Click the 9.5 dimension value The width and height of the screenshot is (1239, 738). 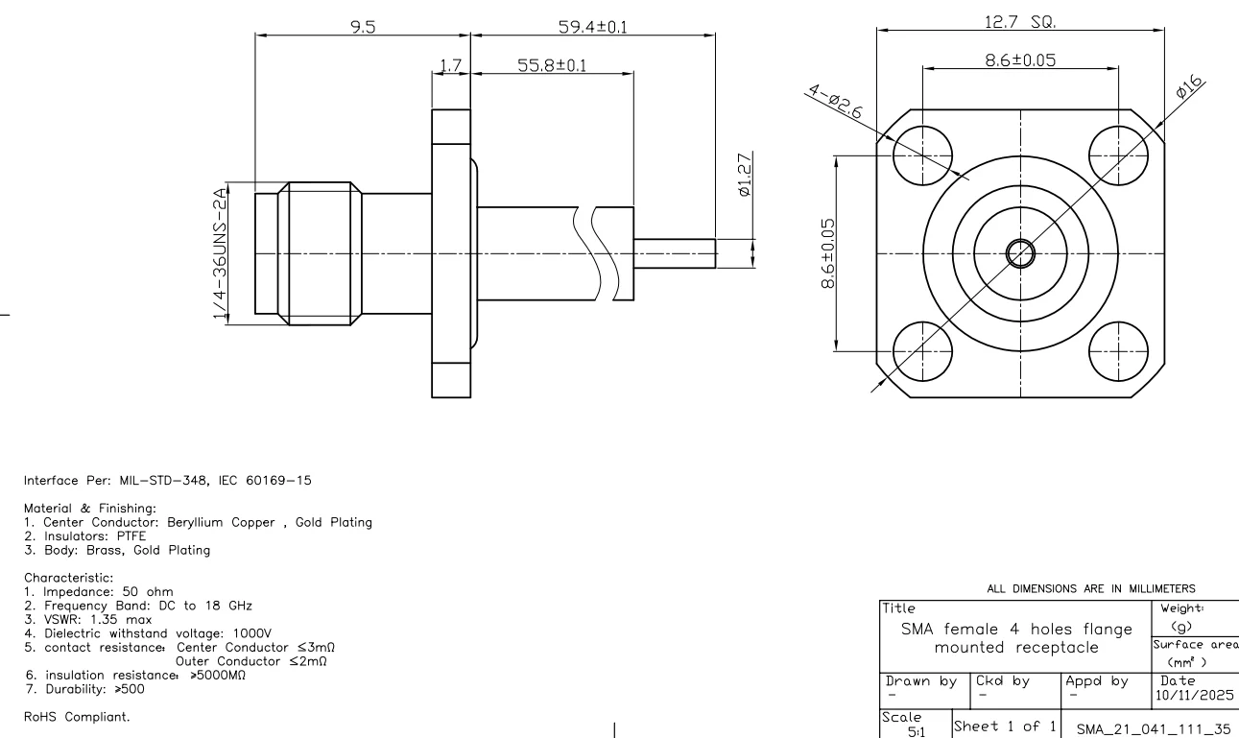pos(363,27)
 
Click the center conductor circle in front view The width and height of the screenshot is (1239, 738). pos(1019,253)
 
